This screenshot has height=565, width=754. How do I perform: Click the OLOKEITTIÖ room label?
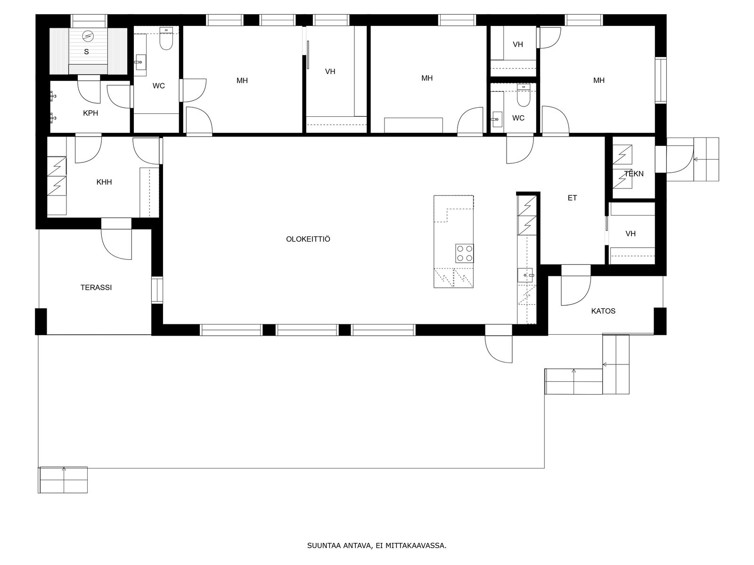(308, 239)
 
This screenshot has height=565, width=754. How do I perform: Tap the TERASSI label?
(96, 288)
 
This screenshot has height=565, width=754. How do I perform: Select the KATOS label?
(603, 311)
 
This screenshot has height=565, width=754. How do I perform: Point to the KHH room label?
(104, 182)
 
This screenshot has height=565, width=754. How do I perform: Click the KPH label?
(90, 113)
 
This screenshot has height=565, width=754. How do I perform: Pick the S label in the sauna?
(86, 52)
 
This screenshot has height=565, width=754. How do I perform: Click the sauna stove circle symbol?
(88, 35)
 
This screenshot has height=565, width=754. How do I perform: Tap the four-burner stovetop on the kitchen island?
(465, 253)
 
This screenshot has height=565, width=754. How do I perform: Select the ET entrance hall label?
(572, 198)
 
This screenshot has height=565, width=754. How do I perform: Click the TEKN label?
(634, 174)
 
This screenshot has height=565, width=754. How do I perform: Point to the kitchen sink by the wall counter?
(525, 275)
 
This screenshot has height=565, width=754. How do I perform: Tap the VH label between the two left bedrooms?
(330, 72)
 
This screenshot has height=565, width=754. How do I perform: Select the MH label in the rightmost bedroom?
(599, 80)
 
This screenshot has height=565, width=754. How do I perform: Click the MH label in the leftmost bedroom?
(242, 81)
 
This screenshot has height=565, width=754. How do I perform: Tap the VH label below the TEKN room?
(631, 234)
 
